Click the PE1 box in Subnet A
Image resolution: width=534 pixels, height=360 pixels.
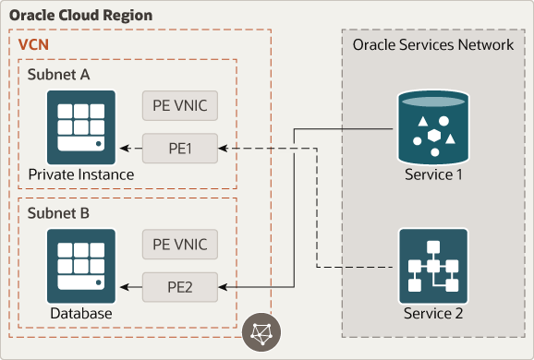[181, 147]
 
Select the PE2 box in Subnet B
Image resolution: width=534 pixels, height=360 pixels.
[181, 287]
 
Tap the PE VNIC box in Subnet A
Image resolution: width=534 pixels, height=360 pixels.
[181, 105]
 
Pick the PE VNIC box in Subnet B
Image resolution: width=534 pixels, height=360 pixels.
[181, 246]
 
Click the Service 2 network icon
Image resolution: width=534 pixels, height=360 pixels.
[432, 266]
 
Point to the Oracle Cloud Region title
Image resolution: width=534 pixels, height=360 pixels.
[80, 17]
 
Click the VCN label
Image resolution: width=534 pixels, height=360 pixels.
[34, 43]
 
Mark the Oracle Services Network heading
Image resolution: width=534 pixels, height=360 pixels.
[433, 44]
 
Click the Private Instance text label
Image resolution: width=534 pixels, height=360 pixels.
[80, 174]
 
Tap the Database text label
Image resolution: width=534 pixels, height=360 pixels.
[81, 314]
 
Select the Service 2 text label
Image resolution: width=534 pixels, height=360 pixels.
[433, 314]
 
